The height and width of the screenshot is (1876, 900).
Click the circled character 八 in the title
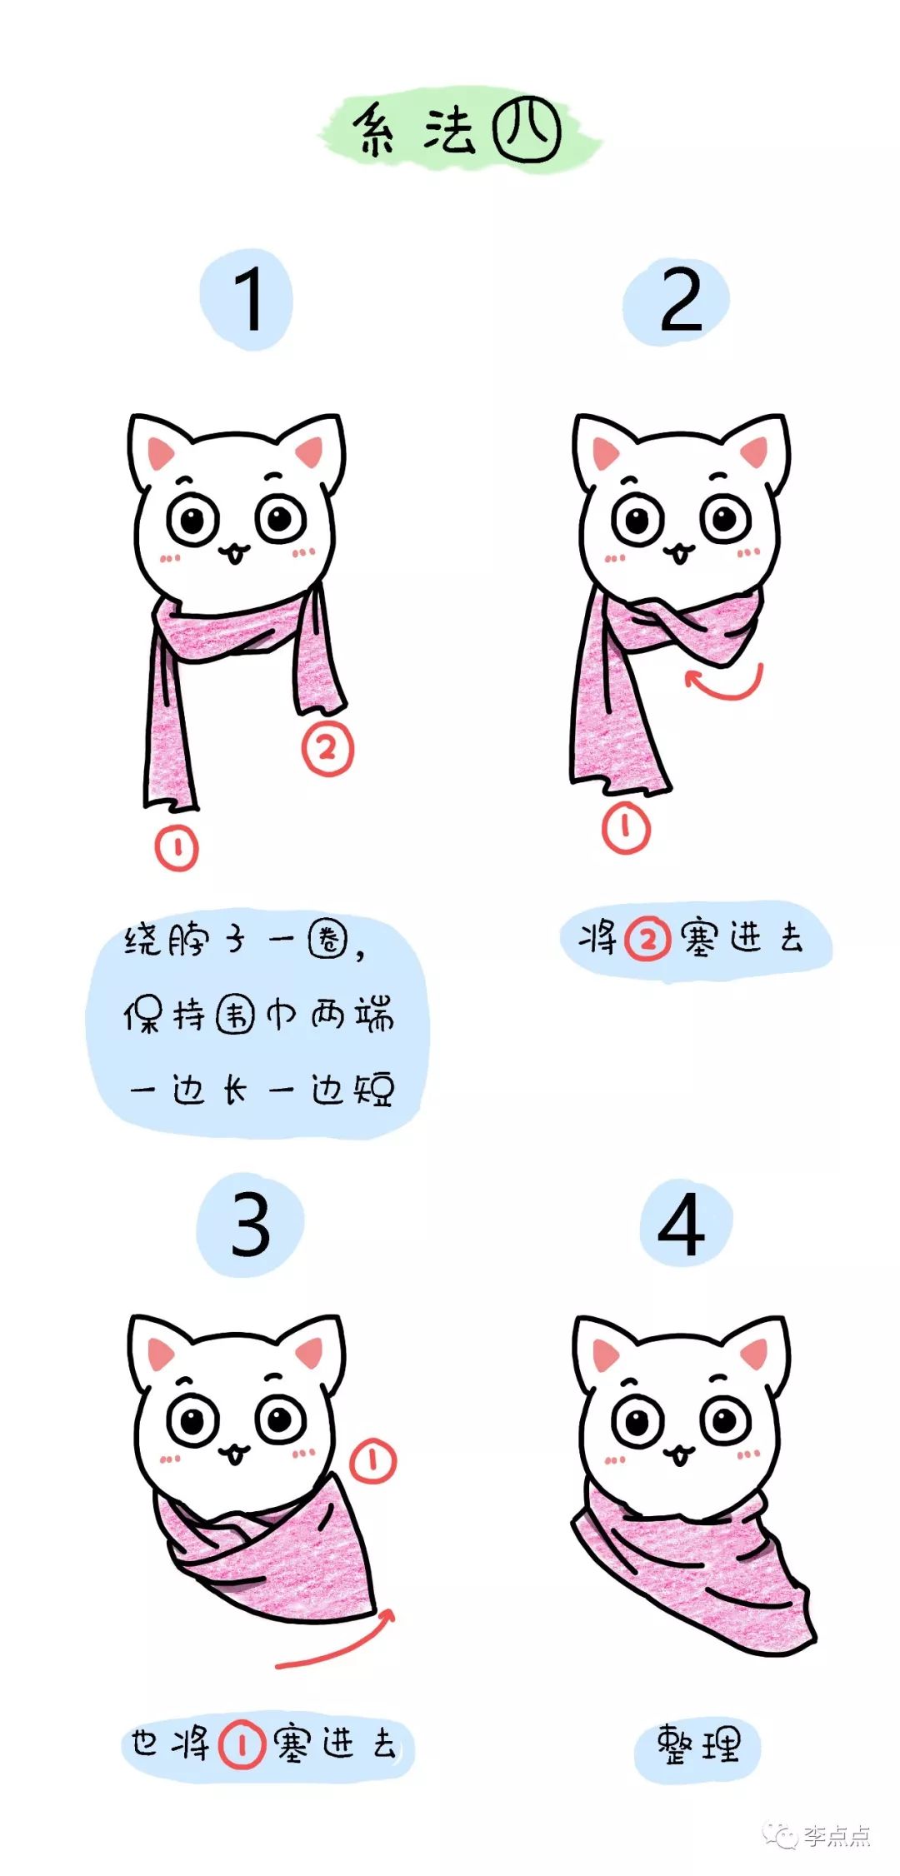[x=527, y=130]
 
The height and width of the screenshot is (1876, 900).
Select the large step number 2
[x=681, y=301]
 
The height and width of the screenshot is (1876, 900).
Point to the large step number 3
[x=251, y=1225]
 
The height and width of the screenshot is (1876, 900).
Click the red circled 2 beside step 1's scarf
[x=327, y=750]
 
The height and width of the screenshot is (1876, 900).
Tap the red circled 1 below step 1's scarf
[x=177, y=849]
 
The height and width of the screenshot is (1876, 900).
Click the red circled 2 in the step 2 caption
[x=648, y=940]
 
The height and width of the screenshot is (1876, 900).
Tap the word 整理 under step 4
[x=697, y=1744]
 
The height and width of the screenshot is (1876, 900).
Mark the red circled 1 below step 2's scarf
[x=626, y=827]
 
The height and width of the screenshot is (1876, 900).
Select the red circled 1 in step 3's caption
[x=242, y=1744]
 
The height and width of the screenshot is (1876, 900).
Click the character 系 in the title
[x=376, y=131]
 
